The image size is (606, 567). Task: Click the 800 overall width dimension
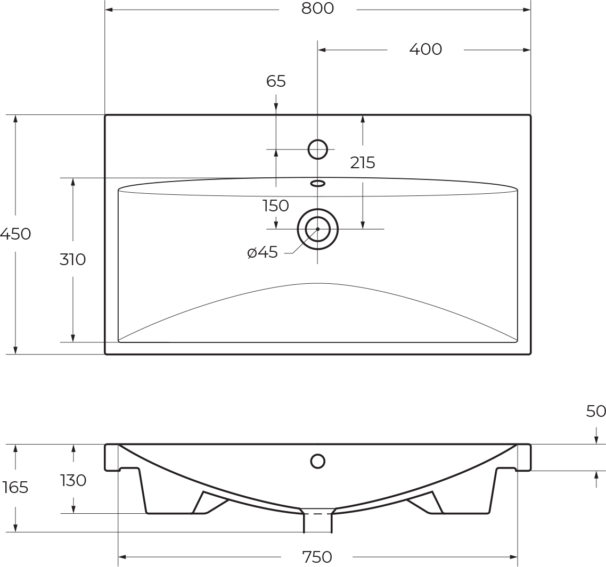(x=317, y=9)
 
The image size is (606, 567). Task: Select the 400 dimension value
(x=425, y=49)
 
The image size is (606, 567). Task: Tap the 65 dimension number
(x=276, y=81)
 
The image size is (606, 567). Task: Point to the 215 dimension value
(x=363, y=162)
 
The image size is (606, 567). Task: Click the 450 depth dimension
(x=15, y=234)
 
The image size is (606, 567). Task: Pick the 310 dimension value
(x=72, y=259)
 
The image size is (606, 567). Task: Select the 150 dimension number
(x=276, y=205)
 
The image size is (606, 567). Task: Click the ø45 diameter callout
(x=263, y=252)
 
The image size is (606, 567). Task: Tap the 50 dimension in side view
(x=596, y=411)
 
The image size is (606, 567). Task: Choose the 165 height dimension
(x=15, y=487)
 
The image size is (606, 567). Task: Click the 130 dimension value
(x=73, y=480)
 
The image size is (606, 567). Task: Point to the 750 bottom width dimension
(x=317, y=557)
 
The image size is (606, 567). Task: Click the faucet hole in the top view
(x=318, y=150)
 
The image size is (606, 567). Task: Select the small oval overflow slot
(x=318, y=184)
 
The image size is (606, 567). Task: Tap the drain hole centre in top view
(x=318, y=229)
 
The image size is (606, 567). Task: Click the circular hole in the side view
(x=318, y=461)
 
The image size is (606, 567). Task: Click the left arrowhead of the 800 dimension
(x=109, y=10)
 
